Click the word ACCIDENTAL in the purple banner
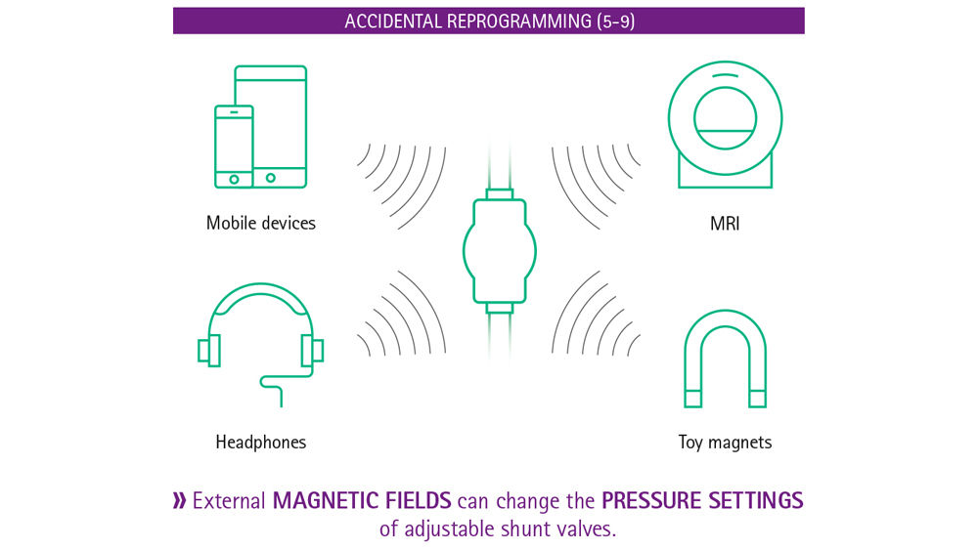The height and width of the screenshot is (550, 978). pyautogui.click(x=393, y=21)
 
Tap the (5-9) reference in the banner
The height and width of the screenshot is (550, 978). pyautogui.click(x=615, y=21)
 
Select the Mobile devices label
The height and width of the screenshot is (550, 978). pyautogui.click(x=261, y=223)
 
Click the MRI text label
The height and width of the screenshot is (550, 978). pyautogui.click(x=725, y=224)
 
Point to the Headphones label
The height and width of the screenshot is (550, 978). pyautogui.click(x=261, y=443)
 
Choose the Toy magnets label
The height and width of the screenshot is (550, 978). pyautogui.click(x=725, y=443)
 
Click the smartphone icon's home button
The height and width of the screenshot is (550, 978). pyautogui.click(x=234, y=180)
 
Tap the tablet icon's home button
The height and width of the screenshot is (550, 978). pyautogui.click(x=270, y=178)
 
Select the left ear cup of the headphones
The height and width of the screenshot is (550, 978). pyautogui.click(x=209, y=350)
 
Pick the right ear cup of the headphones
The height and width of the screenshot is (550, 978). pyautogui.click(x=312, y=350)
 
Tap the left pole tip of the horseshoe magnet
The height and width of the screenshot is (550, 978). pyautogui.click(x=693, y=399)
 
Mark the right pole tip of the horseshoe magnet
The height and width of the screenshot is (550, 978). pyautogui.click(x=757, y=399)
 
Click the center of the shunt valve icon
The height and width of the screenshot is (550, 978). pyautogui.click(x=500, y=251)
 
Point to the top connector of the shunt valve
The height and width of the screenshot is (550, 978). pyautogui.click(x=500, y=194)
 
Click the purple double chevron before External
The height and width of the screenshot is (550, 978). pyautogui.click(x=179, y=500)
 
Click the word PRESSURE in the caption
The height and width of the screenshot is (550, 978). pyautogui.click(x=646, y=501)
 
